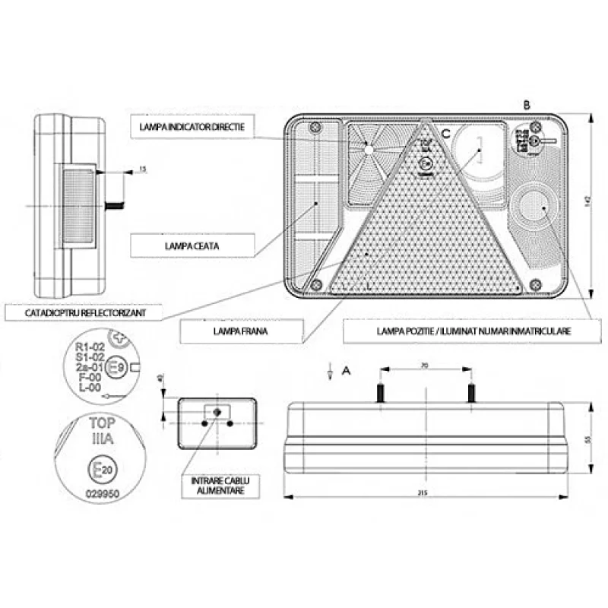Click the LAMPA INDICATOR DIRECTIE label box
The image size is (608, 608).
pyautogui.click(x=191, y=127)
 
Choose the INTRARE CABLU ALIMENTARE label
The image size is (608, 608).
pyautogui.click(x=216, y=486)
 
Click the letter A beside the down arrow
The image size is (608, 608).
pyautogui.click(x=346, y=370)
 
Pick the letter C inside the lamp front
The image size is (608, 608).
pyautogui.click(x=446, y=134)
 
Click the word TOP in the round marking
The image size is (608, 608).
pyautogui.click(x=103, y=424)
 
